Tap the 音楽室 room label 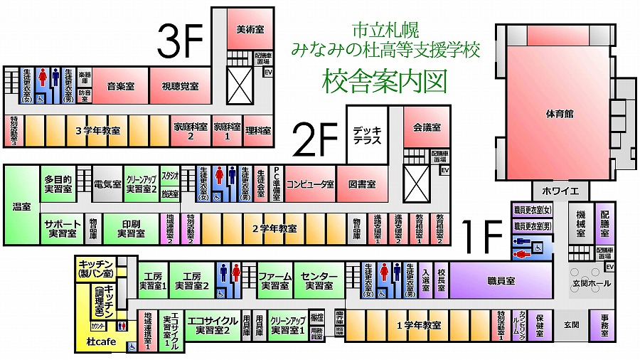click(x=121, y=86)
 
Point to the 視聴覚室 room click(x=179, y=86)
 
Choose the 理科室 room click(x=259, y=131)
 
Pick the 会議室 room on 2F click(x=427, y=127)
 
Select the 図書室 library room click(x=362, y=184)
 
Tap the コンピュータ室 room click(x=310, y=184)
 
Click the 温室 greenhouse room click(x=21, y=206)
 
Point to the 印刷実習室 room click(x=131, y=228)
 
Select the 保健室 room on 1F click(x=540, y=324)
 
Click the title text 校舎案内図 click(x=385, y=80)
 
